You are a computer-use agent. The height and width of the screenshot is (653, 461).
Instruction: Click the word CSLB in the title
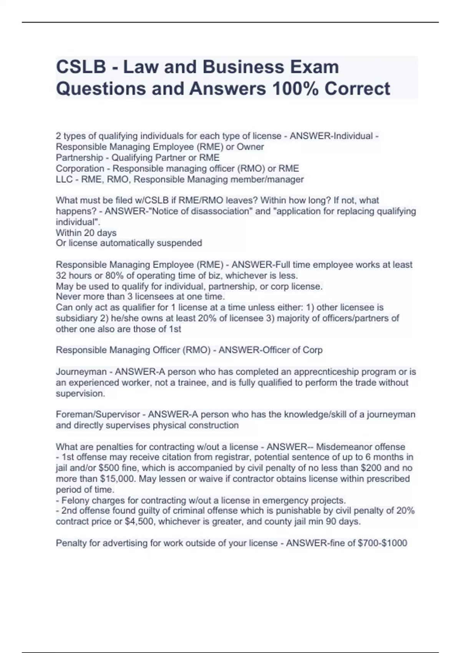[x=81, y=67]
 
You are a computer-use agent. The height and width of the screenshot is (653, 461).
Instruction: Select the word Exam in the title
[x=314, y=67]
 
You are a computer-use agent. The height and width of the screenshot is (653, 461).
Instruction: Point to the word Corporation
[x=80, y=168]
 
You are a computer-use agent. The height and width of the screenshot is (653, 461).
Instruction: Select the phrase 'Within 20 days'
[x=86, y=233]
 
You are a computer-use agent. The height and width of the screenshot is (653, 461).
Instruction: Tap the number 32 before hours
[x=61, y=275]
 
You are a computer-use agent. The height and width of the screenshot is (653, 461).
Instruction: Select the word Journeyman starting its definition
[x=81, y=371]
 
